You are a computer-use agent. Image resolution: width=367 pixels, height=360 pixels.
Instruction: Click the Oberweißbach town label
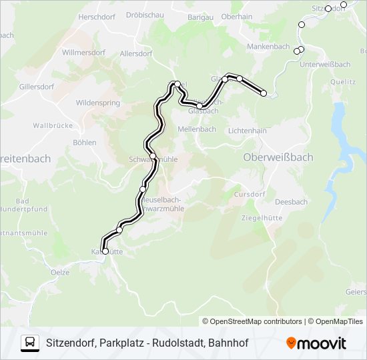tap(278, 157)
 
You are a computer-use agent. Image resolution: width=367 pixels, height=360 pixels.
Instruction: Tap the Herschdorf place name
tap(97, 16)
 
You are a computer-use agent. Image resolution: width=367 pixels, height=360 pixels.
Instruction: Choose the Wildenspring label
tap(98, 103)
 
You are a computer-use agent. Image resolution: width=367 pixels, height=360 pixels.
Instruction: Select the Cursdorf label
tap(250, 194)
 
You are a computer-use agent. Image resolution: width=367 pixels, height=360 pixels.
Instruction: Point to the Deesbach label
tap(290, 202)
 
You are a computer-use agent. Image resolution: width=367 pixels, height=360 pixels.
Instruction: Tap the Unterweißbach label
tap(325, 64)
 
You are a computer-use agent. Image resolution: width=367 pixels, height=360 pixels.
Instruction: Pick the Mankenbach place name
tap(268, 47)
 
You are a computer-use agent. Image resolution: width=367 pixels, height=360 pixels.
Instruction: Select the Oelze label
tap(59, 272)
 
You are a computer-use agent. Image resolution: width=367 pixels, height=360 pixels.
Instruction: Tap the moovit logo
tap(316, 343)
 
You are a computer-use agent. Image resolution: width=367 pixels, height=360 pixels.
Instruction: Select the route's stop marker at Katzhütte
tap(105, 251)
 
